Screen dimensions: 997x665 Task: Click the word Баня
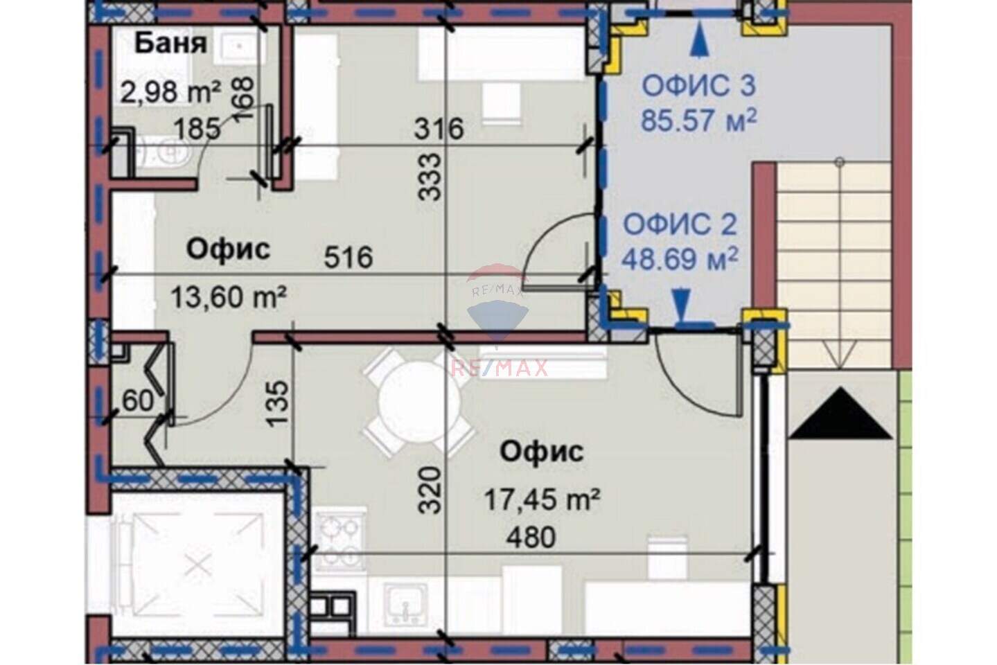tap(171, 44)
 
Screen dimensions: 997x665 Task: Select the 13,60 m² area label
tap(229, 297)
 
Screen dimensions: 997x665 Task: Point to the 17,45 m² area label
tap(542, 499)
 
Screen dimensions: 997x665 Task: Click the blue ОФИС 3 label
tap(698, 87)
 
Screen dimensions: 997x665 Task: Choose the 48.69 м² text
tap(680, 259)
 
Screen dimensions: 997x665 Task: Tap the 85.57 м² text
tap(698, 120)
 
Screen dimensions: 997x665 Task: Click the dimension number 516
tap(348, 257)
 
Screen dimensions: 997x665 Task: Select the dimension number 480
tap(531, 538)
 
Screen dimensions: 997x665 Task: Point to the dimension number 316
tap(439, 129)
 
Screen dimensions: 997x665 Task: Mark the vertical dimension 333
tap(430, 177)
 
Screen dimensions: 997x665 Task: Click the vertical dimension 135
tap(279, 403)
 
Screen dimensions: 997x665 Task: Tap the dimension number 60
tap(138, 400)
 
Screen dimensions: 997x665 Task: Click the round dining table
tap(418, 402)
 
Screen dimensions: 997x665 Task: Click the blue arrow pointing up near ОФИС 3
tap(699, 40)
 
